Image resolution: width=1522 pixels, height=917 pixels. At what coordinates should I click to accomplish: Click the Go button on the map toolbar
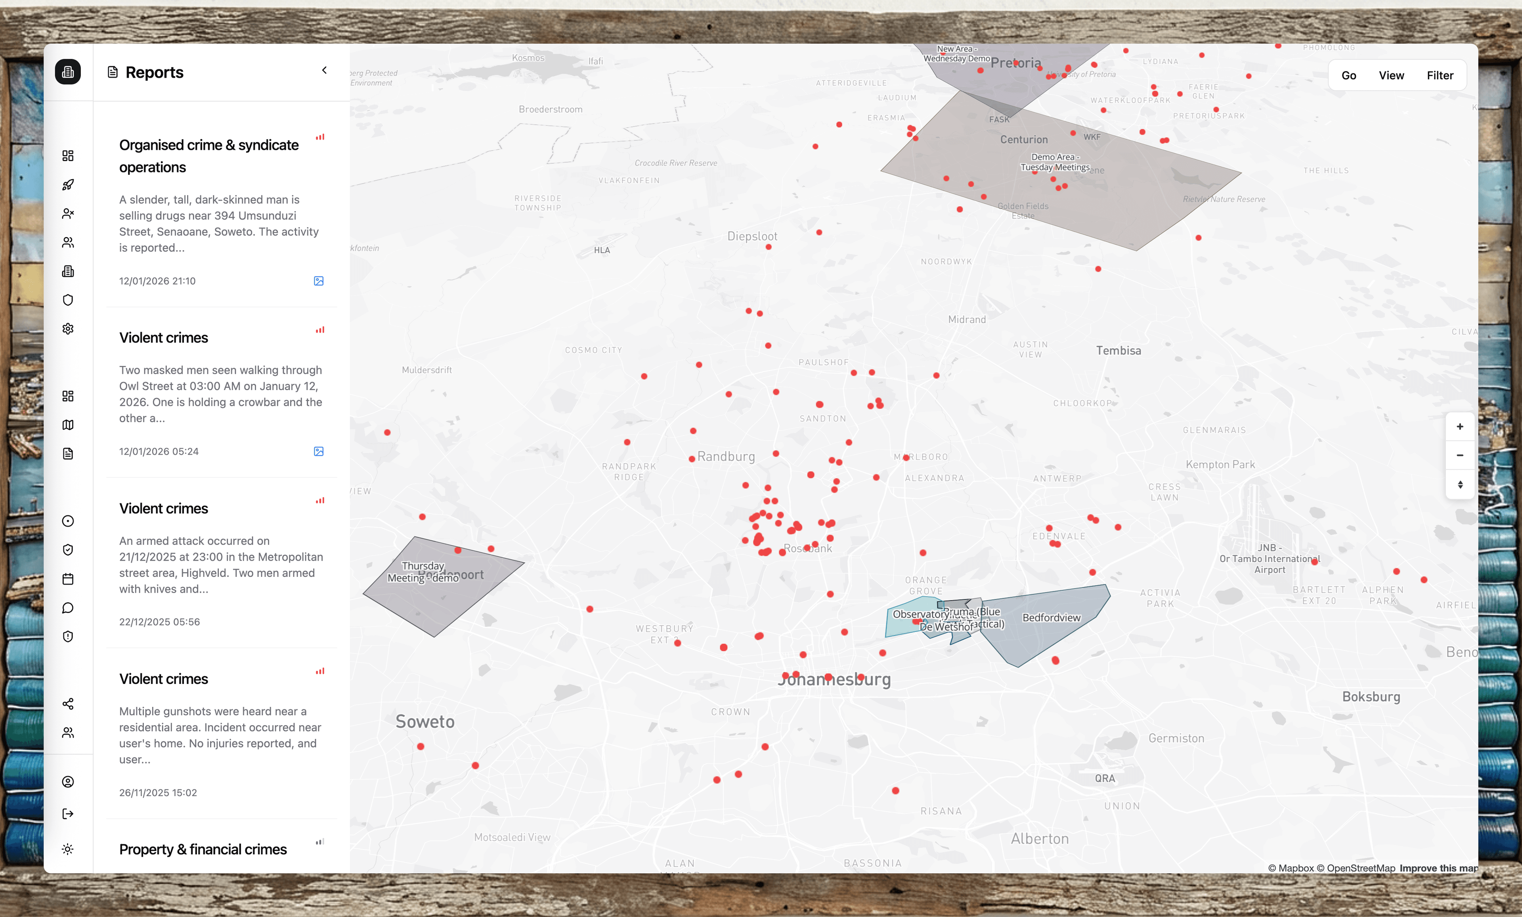1348,75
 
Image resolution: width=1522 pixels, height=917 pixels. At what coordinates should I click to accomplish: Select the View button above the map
1391,75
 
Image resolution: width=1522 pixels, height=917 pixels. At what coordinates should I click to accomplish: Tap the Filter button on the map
1439,75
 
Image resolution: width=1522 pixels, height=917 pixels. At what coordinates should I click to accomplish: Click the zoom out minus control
1460,456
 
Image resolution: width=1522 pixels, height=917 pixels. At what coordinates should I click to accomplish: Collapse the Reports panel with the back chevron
324,71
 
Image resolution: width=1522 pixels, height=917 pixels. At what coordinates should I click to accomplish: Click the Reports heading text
155,72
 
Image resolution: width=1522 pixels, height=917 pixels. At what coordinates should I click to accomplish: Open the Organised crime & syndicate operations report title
209,156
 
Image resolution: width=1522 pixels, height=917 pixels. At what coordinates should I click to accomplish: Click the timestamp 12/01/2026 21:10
157,281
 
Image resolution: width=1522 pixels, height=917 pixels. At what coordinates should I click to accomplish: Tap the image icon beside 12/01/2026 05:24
319,452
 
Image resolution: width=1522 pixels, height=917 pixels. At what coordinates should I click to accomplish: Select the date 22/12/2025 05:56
159,622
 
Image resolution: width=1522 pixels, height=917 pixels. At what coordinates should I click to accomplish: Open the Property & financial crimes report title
203,850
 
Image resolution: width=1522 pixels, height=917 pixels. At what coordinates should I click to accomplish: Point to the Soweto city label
425,722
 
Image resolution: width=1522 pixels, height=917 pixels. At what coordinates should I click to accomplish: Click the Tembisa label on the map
1118,351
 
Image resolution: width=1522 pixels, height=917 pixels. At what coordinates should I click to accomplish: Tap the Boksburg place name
1371,697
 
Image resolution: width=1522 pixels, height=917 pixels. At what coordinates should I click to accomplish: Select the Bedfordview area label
1051,618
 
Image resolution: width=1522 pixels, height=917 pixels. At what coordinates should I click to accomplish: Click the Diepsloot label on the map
752,237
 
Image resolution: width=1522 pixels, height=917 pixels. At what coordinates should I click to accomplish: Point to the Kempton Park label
1220,465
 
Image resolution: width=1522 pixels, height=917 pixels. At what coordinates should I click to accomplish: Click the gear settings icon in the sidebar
68,329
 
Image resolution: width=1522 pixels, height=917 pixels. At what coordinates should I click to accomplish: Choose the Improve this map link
1438,868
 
